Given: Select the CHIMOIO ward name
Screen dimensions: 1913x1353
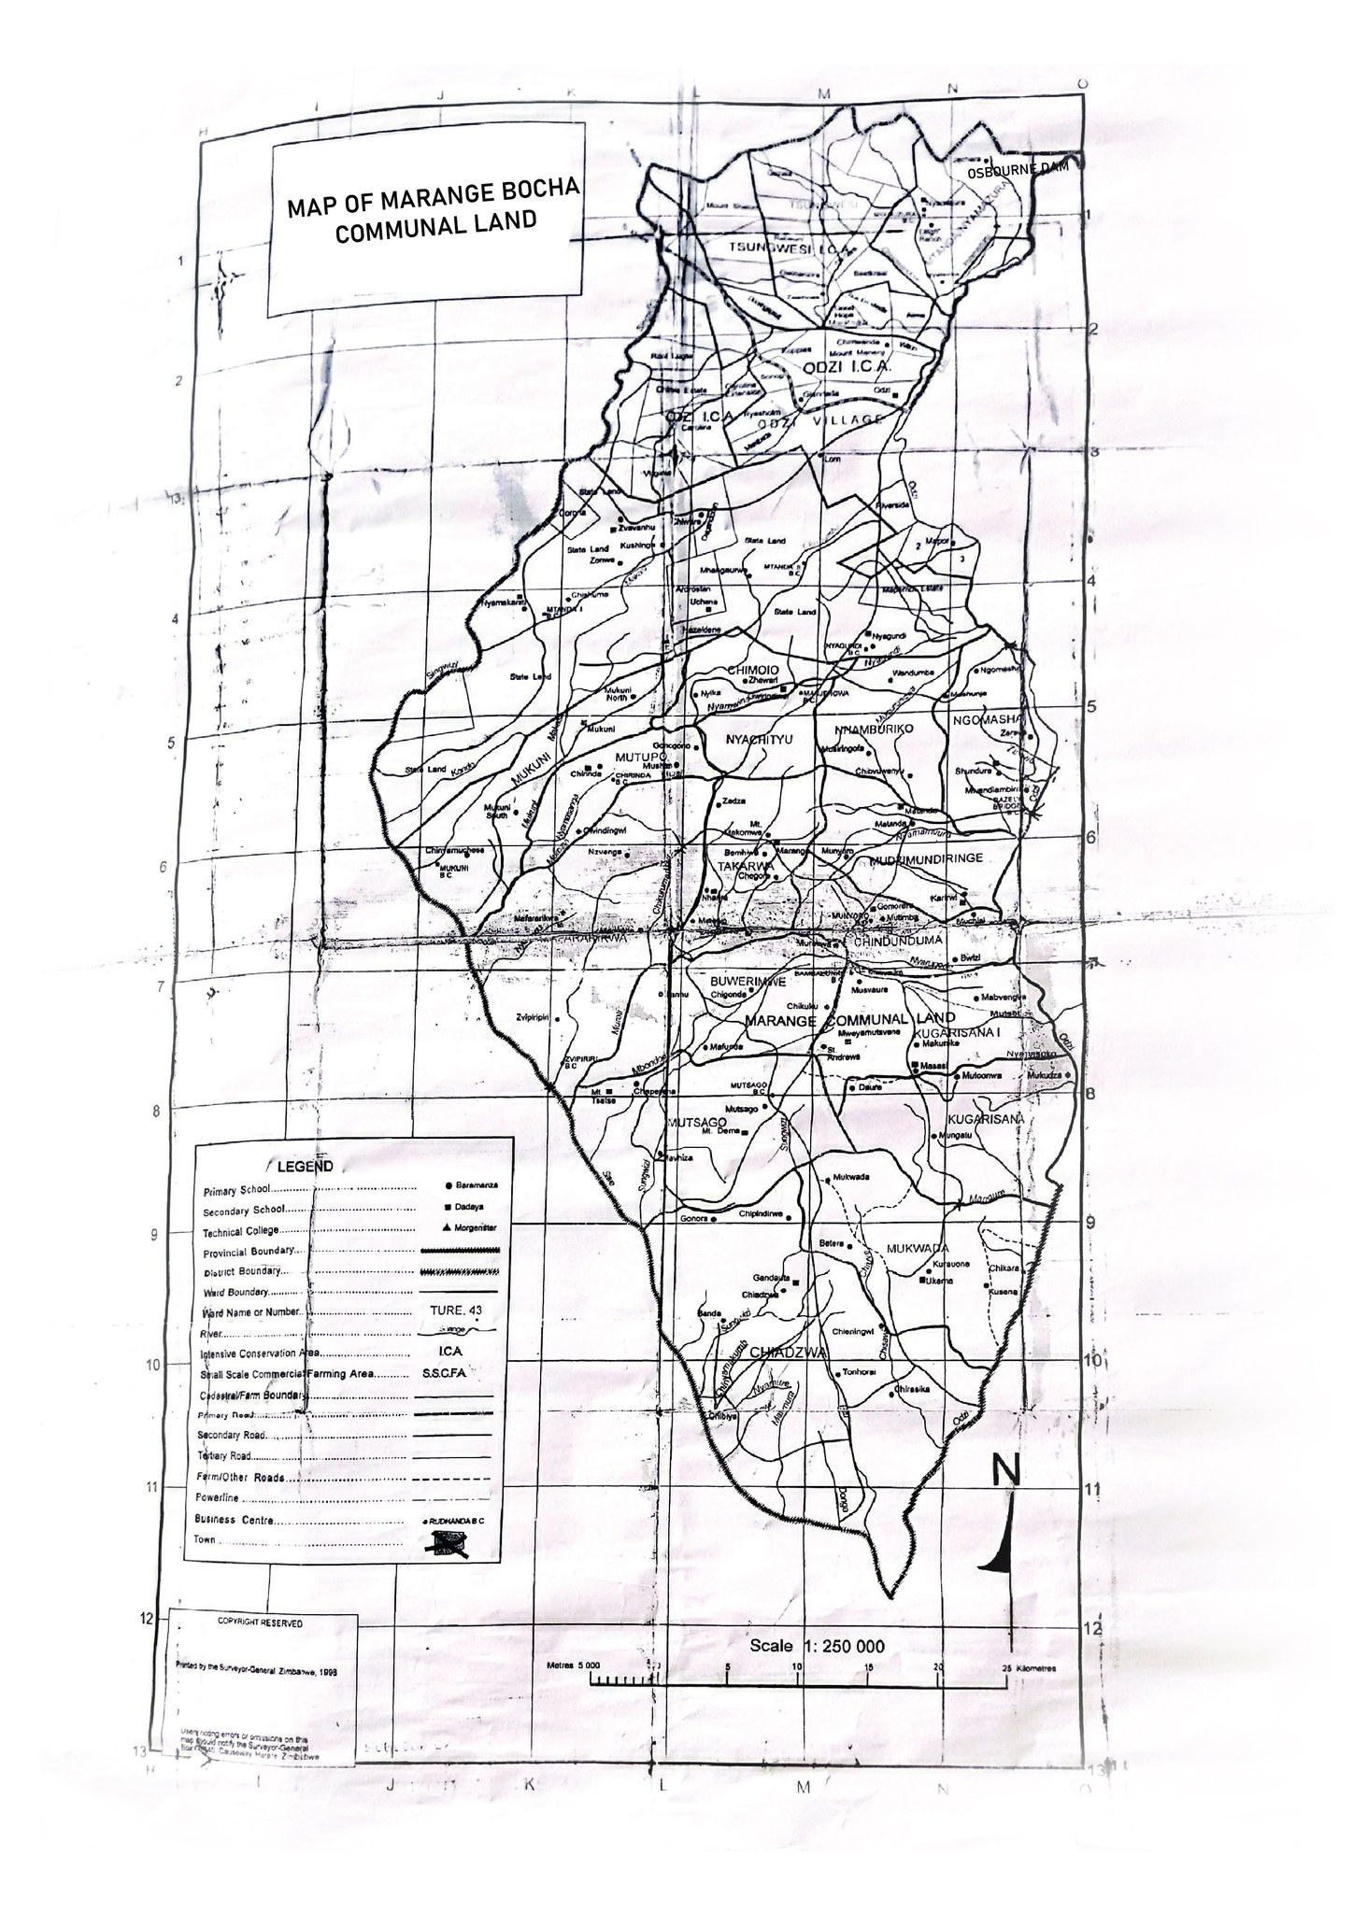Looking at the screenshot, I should tap(753, 669).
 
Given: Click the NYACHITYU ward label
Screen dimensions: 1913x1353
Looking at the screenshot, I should tap(759, 740).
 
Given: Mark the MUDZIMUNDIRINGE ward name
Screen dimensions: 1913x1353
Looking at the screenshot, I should tap(925, 857).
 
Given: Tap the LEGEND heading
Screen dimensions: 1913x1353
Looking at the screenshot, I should tap(304, 1167).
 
